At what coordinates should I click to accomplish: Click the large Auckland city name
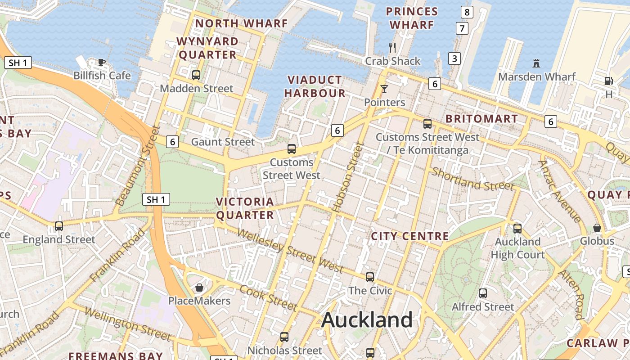[367, 320]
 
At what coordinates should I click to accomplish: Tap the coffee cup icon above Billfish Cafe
[102, 62]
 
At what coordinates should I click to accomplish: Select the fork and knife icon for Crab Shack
[392, 47]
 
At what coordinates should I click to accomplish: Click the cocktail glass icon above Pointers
[384, 89]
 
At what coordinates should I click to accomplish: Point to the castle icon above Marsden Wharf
[536, 63]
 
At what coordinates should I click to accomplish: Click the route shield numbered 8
[467, 12]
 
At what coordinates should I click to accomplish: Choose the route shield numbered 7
[461, 28]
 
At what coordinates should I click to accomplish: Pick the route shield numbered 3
[454, 58]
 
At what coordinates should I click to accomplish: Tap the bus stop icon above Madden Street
[196, 75]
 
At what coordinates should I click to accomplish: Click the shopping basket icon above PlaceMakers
[199, 287]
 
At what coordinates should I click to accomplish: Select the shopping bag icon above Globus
[597, 228]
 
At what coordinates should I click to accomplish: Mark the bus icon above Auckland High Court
[517, 228]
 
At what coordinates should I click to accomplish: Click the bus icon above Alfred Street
[483, 293]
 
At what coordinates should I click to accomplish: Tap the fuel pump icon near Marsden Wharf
[608, 81]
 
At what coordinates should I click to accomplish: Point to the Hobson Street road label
[347, 177]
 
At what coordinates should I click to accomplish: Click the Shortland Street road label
[472, 179]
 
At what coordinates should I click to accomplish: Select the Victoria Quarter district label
[245, 208]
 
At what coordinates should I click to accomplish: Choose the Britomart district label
[481, 119]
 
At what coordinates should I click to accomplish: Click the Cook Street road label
[268, 297]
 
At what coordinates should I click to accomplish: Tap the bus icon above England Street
[59, 226]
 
